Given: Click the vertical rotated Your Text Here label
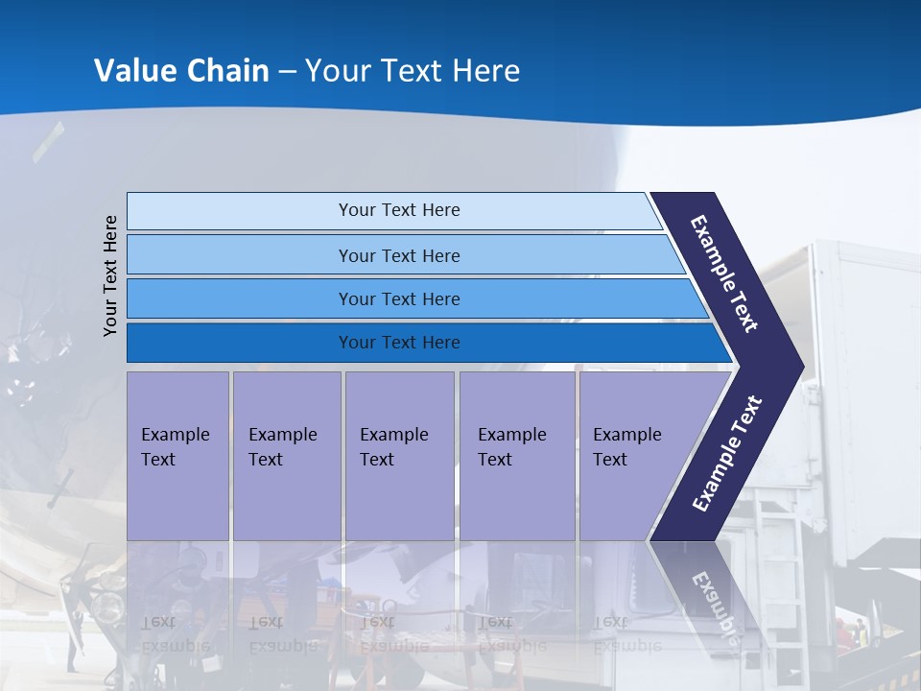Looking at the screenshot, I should click(110, 275).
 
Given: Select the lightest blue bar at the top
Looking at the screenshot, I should click(398, 210).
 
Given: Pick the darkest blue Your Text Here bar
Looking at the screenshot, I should click(398, 343).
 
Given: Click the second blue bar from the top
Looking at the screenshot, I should click(398, 255).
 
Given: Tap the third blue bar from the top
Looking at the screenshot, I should click(398, 298).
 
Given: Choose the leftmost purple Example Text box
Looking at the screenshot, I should click(177, 455).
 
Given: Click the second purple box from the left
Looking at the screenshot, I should click(286, 455).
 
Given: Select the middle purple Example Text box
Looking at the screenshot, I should click(399, 455).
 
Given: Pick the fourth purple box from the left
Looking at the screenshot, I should click(517, 455).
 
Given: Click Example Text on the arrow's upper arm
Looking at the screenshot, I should click(724, 274).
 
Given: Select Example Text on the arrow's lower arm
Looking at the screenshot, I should click(727, 453).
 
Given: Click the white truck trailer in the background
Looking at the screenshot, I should click(859, 403).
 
